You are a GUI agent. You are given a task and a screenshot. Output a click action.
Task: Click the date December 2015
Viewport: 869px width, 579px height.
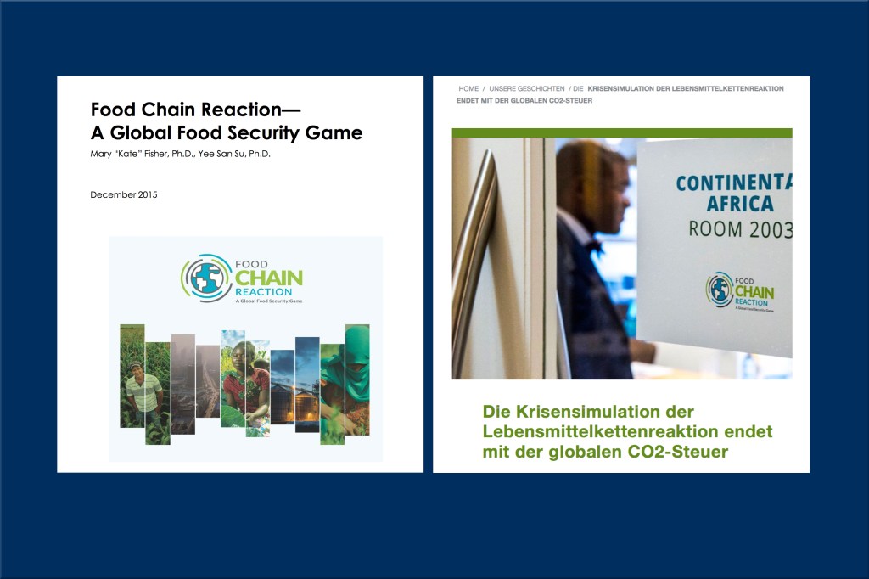[x=124, y=194]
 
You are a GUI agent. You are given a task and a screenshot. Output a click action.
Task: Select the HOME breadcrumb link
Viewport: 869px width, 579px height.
[x=468, y=89]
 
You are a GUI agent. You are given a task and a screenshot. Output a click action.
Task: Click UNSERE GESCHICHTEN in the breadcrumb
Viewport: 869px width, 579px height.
[x=526, y=89]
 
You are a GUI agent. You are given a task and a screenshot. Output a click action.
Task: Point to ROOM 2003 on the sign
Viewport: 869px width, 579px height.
[x=740, y=229]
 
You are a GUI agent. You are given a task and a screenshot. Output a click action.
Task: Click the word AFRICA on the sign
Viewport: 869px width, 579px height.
[x=740, y=204]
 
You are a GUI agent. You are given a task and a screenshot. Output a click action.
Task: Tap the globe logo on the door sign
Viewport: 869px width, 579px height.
[x=720, y=289]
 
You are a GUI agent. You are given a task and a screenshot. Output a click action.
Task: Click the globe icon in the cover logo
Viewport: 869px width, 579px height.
[x=206, y=278]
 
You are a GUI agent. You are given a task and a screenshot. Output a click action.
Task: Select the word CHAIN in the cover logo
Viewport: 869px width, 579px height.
[x=269, y=278]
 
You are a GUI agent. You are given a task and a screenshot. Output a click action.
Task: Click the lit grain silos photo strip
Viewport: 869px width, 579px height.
[x=283, y=387]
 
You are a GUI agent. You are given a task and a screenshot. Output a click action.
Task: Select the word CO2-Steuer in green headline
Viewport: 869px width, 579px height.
[x=677, y=452]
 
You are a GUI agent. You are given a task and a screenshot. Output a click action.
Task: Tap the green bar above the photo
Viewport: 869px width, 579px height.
[x=622, y=133]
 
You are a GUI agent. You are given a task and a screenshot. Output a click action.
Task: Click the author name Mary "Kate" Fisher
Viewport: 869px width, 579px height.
[x=142, y=154]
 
